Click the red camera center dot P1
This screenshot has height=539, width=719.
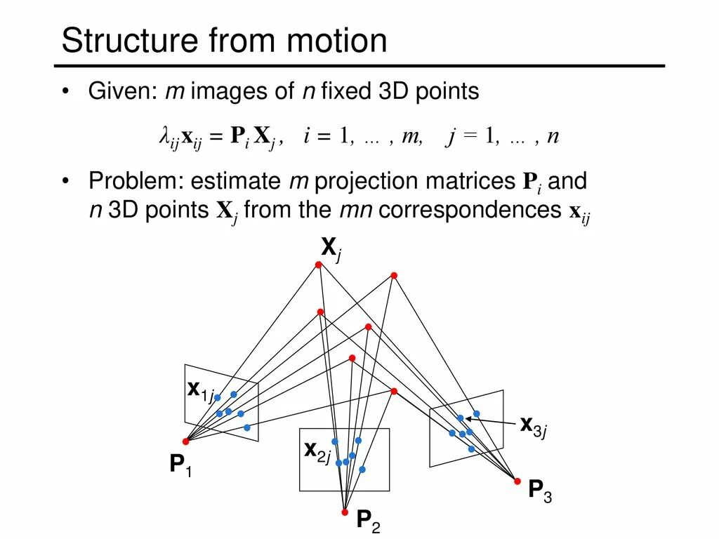pos(186,441)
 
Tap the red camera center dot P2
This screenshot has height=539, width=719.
pos(344,512)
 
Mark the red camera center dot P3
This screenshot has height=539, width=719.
pos(517,481)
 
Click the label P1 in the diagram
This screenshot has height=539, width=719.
pos(180,465)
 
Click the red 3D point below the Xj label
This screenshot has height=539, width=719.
pos(318,265)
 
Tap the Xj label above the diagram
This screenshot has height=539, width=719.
pos(331,248)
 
